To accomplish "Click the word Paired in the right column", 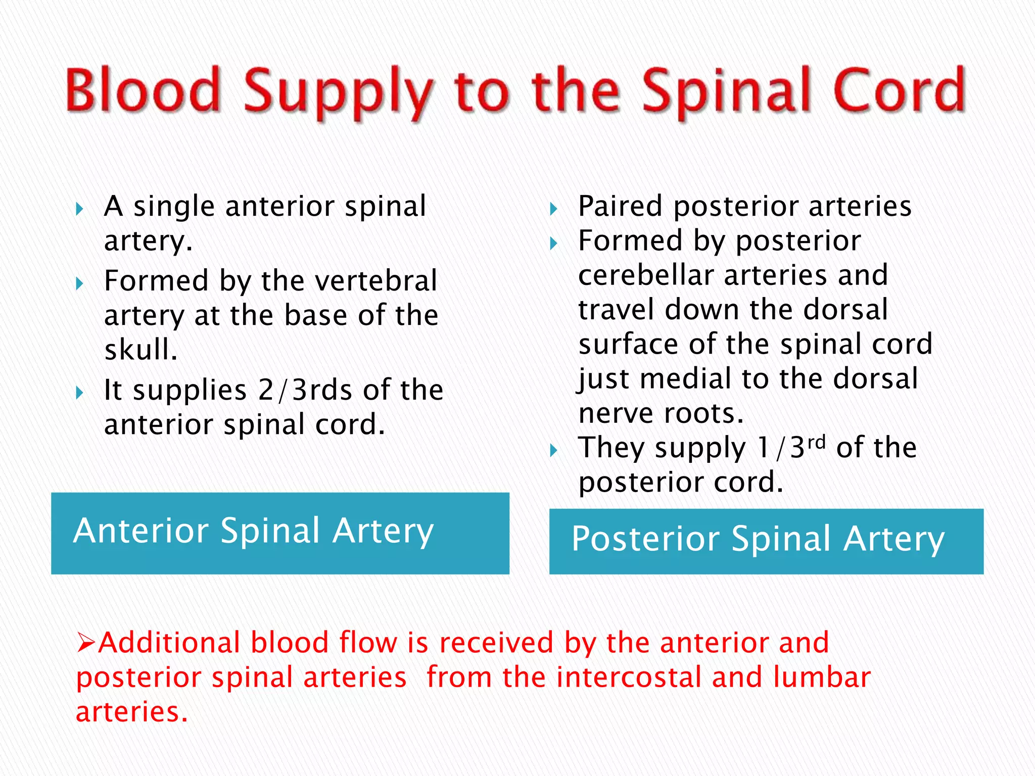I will [x=620, y=206].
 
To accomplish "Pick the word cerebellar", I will [x=645, y=275].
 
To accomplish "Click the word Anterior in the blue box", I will [x=141, y=531].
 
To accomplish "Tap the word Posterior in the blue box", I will [x=645, y=539].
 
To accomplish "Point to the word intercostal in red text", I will [x=628, y=677].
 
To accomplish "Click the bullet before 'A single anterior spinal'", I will [x=79, y=209].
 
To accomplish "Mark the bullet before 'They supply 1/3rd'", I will [x=554, y=450].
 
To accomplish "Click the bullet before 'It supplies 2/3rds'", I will [x=79, y=393].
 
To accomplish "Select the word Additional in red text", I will [x=169, y=643].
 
